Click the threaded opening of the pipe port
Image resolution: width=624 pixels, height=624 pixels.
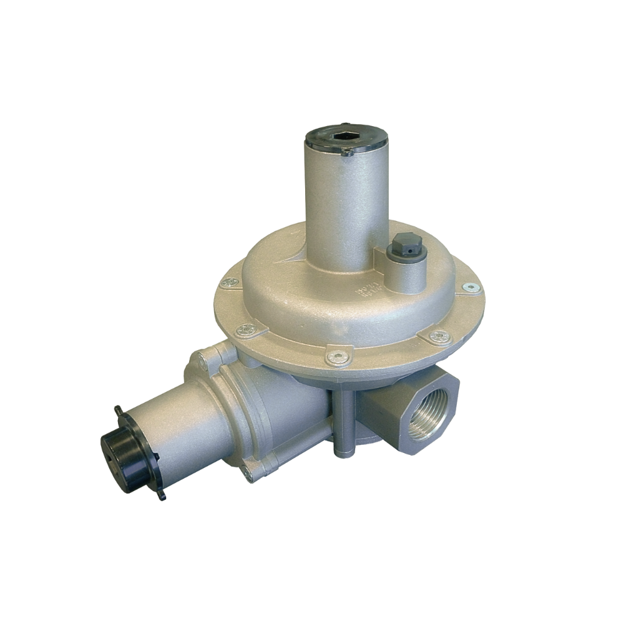click(430, 414)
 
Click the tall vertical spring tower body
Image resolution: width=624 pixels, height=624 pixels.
click(346, 200)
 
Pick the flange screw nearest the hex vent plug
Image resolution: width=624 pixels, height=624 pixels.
click(471, 288)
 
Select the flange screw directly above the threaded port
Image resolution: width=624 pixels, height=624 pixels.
click(440, 337)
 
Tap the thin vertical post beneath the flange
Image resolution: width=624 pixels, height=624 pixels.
click(341, 424)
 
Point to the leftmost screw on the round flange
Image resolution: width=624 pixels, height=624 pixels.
click(228, 283)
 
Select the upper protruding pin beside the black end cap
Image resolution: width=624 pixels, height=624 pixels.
click(118, 409)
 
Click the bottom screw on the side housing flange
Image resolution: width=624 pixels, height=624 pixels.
click(249, 478)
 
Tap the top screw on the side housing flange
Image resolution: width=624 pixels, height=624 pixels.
click(203, 358)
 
